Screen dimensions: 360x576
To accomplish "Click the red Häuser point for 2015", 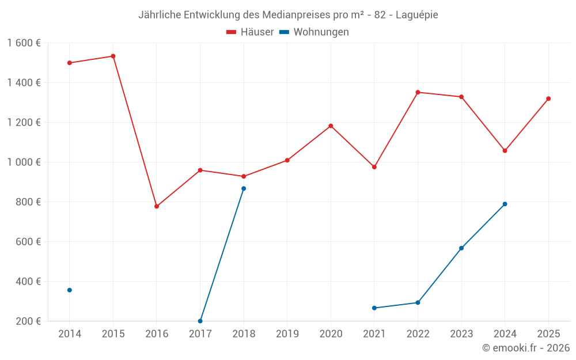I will [113, 56].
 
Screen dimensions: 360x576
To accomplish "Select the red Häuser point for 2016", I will [157, 206].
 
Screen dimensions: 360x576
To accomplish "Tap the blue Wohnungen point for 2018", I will [244, 188].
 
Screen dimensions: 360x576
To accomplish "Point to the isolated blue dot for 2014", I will [70, 290].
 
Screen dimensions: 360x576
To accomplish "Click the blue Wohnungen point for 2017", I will [200, 321].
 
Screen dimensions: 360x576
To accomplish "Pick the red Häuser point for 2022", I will [418, 92].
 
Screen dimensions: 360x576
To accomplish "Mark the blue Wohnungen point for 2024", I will [505, 204].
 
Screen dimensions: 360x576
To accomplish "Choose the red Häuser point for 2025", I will [548, 98].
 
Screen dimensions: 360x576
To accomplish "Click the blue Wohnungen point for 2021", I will [374, 308].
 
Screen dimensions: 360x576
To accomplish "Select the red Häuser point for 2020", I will [331, 126].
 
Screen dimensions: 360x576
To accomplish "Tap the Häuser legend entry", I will [250, 32].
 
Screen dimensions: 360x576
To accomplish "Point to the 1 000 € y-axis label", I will [24, 162].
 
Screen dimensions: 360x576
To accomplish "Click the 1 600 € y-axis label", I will [24, 43].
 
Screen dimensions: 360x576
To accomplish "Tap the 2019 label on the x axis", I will [287, 334].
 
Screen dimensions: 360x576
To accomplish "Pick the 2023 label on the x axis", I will [461, 334].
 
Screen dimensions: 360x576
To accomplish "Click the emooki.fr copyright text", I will [526, 347].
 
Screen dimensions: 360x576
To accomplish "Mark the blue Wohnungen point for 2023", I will [461, 248].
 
